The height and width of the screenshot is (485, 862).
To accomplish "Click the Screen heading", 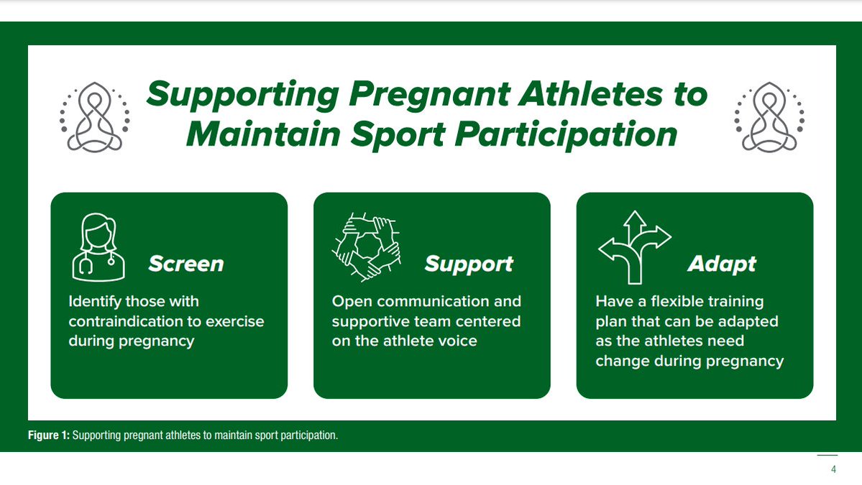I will [x=185, y=264].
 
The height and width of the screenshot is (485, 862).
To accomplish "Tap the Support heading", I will [x=469, y=264].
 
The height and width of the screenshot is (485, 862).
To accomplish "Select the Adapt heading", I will [x=722, y=264].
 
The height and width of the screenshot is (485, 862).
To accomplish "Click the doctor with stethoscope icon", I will [x=98, y=247].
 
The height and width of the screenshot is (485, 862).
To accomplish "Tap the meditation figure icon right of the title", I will [x=767, y=117].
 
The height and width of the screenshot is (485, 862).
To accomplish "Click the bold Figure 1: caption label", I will [x=49, y=436].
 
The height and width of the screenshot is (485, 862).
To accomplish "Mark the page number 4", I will [x=833, y=470].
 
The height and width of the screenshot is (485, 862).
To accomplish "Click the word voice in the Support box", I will [x=456, y=341].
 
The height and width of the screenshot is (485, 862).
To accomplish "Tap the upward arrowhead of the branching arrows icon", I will [x=634, y=218].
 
